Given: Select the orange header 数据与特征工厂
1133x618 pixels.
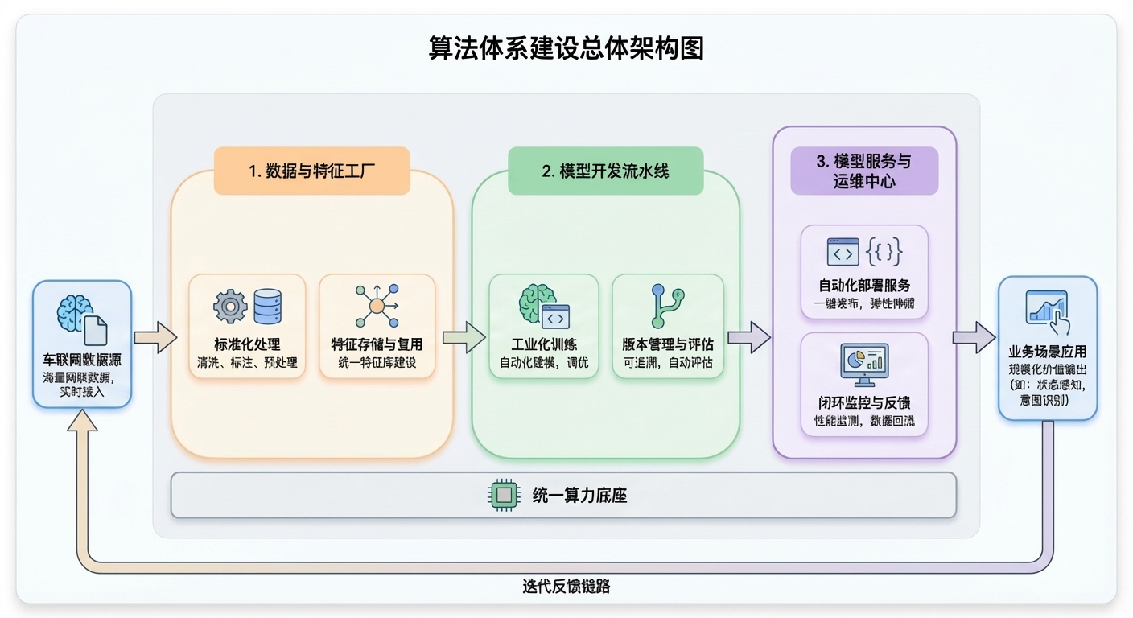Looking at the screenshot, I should point(311,171).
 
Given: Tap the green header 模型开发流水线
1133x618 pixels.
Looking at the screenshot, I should point(605,171).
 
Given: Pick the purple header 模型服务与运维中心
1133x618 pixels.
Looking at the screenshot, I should point(864,171).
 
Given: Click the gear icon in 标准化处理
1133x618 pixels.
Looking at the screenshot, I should point(230,307).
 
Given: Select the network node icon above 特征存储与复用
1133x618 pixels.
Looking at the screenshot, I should point(377,306).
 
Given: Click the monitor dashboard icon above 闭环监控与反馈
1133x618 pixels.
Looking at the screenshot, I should point(864,364).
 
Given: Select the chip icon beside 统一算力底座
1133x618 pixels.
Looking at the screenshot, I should point(505,495).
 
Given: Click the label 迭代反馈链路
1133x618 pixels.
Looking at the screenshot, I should point(566,587).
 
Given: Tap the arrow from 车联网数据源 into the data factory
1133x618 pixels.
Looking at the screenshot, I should point(155,336).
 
